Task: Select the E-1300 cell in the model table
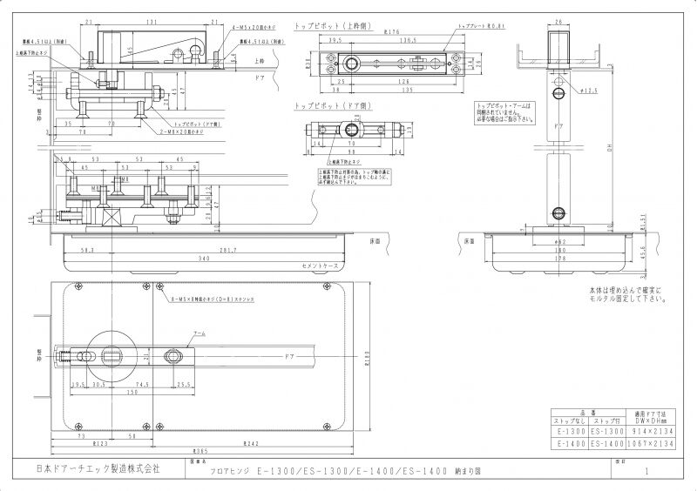pyautogui.click(x=571, y=429)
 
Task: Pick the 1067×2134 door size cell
pyautogui.click(x=651, y=443)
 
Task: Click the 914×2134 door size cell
pyautogui.click(x=651, y=429)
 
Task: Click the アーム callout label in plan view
pyautogui.click(x=200, y=333)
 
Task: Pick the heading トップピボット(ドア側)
pyautogui.click(x=328, y=104)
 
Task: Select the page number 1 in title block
pyautogui.click(x=646, y=470)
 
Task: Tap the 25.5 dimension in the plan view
pyautogui.click(x=184, y=383)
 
